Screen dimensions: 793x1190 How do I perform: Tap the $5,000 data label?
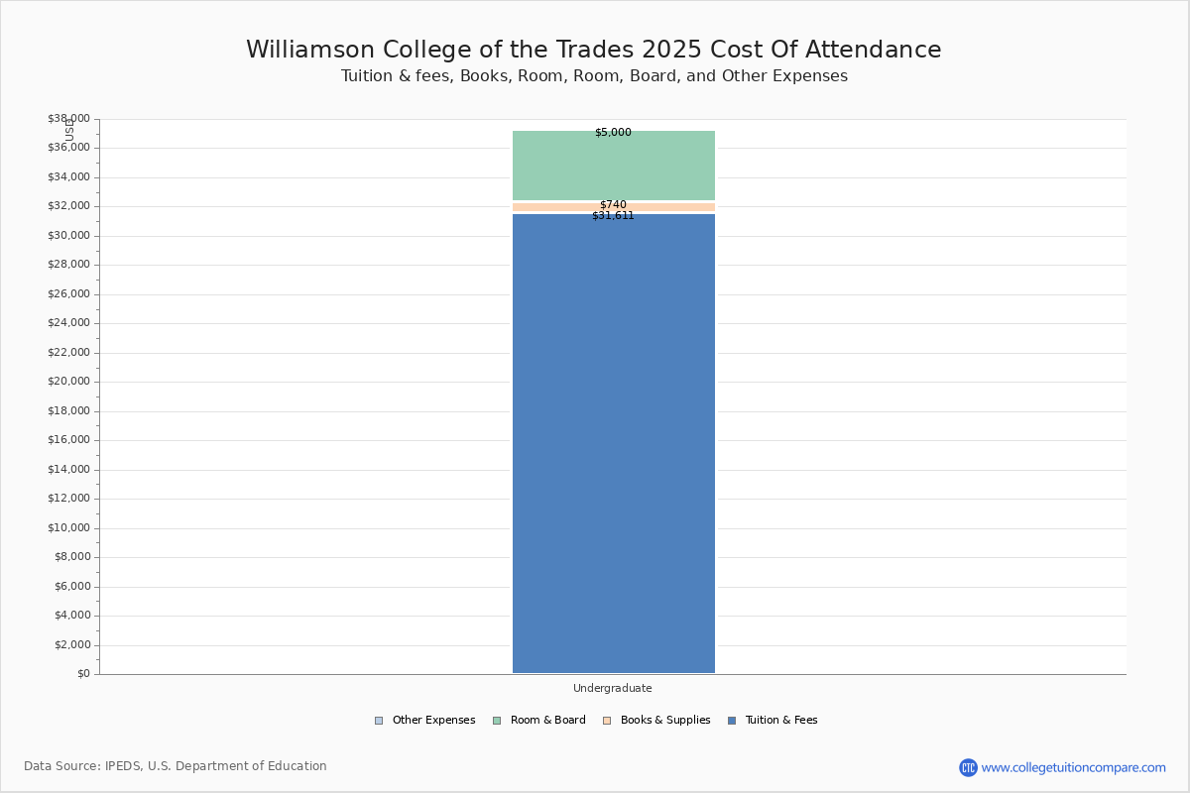point(613,133)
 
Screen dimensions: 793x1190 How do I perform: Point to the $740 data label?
point(613,205)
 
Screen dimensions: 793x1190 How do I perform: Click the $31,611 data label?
point(613,216)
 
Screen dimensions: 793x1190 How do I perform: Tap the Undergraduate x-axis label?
point(613,689)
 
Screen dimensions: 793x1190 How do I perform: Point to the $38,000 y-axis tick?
point(68,119)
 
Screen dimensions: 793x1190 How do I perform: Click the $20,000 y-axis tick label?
point(68,382)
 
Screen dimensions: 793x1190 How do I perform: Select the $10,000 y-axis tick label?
point(68,528)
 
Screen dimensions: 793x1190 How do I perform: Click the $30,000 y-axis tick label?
point(68,236)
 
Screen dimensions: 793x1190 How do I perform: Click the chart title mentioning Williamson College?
point(594,51)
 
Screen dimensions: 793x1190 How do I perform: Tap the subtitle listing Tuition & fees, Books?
point(594,76)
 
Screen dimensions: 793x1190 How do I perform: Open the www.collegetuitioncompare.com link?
point(1073,767)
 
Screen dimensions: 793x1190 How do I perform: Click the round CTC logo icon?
point(968,767)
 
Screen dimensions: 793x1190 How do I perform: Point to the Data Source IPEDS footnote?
point(176,766)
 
